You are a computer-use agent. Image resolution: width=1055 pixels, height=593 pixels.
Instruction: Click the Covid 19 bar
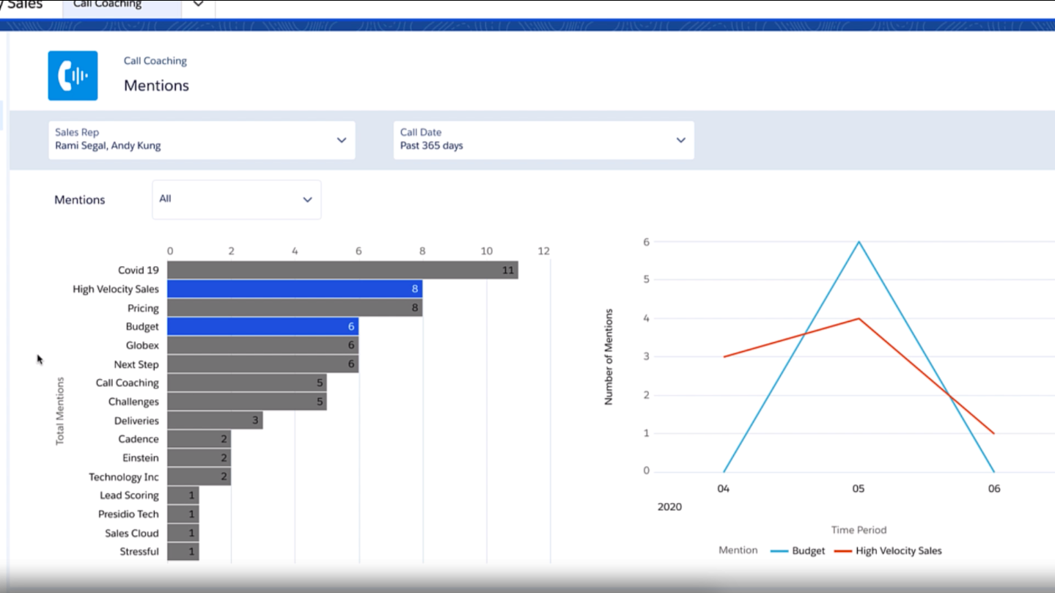[342, 270]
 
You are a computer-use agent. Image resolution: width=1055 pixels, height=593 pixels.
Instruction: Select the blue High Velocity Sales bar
[294, 290]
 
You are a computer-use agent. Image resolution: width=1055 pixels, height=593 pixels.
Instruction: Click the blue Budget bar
[262, 327]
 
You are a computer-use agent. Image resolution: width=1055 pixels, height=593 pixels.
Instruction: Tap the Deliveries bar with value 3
[214, 421]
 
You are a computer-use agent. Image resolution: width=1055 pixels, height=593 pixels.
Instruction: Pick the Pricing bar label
[143, 309]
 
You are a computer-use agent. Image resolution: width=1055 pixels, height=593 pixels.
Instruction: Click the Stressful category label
[139, 552]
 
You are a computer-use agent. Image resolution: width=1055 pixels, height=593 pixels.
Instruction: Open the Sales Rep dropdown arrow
[341, 140]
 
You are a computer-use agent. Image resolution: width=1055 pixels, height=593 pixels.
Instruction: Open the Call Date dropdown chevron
[680, 140]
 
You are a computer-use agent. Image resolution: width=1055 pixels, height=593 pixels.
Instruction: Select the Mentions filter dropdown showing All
[236, 199]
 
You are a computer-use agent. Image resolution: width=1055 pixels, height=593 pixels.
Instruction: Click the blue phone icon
[73, 75]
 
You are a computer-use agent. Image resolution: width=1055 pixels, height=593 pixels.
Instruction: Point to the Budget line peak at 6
[859, 242]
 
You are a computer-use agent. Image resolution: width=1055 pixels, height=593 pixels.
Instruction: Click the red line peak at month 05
[859, 319]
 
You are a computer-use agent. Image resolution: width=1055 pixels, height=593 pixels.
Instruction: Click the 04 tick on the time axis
[724, 489]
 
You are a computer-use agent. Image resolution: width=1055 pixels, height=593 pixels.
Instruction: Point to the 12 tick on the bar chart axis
[543, 251]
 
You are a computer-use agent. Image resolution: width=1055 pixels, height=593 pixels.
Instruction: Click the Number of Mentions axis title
[609, 357]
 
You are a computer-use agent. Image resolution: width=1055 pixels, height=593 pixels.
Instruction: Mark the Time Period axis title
[859, 530]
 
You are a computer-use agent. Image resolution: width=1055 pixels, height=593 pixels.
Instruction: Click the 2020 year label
[669, 507]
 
